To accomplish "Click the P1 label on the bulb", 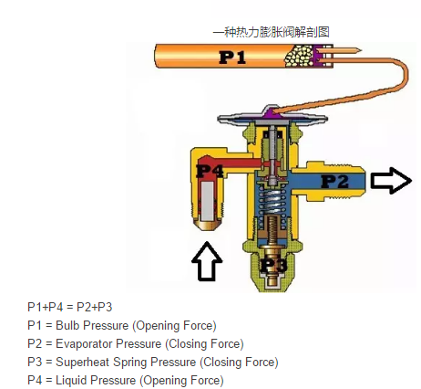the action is tap(232, 57).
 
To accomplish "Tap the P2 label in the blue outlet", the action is tap(335, 182).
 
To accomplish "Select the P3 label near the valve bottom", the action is tap(273, 265).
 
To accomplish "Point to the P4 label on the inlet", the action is tap(210, 171).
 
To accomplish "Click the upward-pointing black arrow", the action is tap(207, 261).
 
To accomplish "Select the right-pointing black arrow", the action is tap(391, 181).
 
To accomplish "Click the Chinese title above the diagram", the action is tap(271, 32).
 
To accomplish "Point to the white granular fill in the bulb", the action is tap(300, 56).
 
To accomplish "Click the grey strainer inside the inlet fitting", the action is tap(208, 202).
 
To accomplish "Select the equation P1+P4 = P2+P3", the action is tap(70, 307).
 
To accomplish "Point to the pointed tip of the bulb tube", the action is tap(361, 50).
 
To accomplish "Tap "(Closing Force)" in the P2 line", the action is tap(204, 344).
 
